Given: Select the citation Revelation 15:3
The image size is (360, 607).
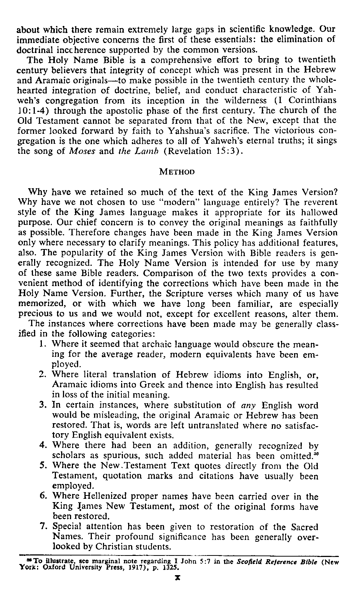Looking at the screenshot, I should tap(201, 152).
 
